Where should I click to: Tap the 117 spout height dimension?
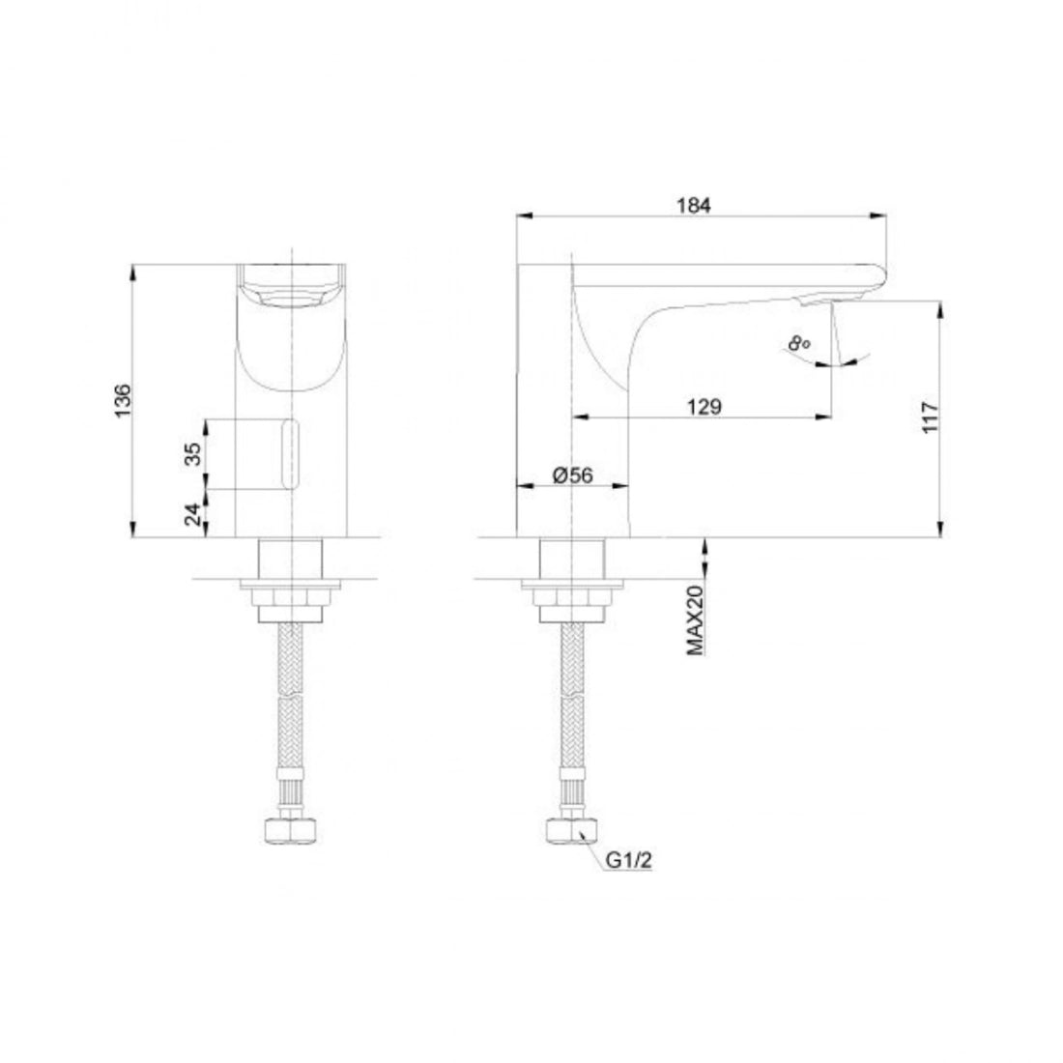[931, 418]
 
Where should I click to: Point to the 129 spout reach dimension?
[704, 407]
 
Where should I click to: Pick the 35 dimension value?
[192, 454]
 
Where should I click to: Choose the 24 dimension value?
[192, 513]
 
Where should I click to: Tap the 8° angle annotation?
[798, 342]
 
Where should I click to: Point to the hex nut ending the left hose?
[290, 831]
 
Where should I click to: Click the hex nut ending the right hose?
[573, 831]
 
